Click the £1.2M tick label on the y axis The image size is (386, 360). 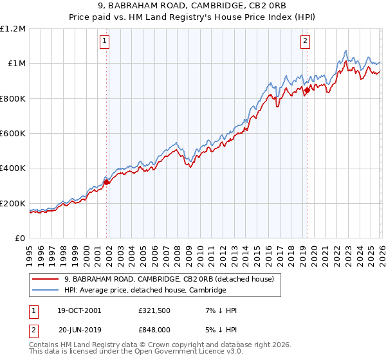point(14,28)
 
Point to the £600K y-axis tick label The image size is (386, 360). point(14,134)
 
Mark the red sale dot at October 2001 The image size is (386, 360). point(107,182)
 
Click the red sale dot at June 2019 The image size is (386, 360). point(307,90)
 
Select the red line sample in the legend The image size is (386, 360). point(45,279)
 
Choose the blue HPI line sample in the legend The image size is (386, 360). point(45,291)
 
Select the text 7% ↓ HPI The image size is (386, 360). point(219,310)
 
